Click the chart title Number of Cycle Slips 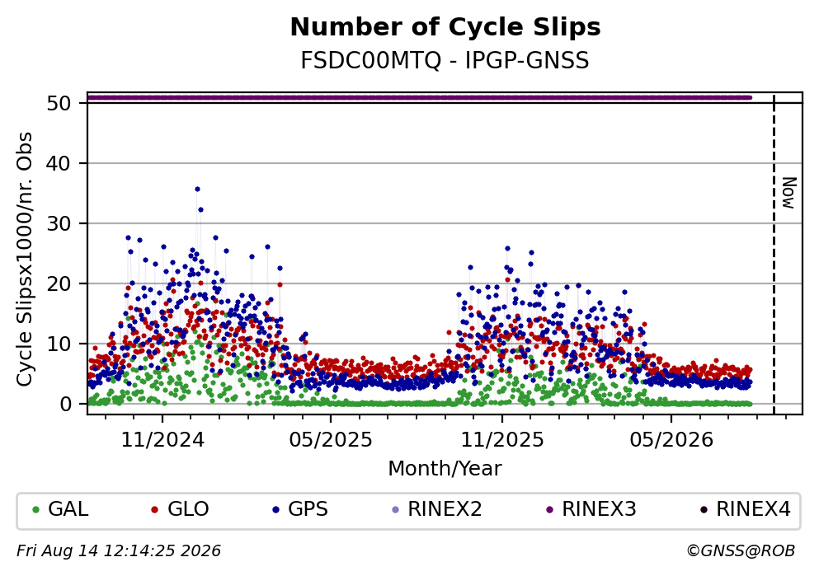(x=445, y=27)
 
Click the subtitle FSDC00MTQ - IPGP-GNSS (x=445, y=61)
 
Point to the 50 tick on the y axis (x=59, y=103)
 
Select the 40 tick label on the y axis (x=59, y=163)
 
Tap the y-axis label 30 (x=59, y=223)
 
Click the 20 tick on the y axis (x=59, y=283)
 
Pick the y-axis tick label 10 (x=59, y=344)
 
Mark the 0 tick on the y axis (x=66, y=404)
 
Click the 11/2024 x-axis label (x=162, y=440)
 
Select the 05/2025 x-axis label (x=331, y=440)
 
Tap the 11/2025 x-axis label (x=502, y=440)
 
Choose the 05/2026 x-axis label (x=671, y=440)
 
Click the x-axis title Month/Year (x=445, y=469)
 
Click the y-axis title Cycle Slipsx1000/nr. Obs (x=25, y=260)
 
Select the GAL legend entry (x=60, y=509)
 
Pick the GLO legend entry (x=180, y=509)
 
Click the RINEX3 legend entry (x=591, y=509)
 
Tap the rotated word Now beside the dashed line (x=788, y=193)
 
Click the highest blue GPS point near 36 (x=197, y=190)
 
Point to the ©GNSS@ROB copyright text (x=741, y=551)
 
